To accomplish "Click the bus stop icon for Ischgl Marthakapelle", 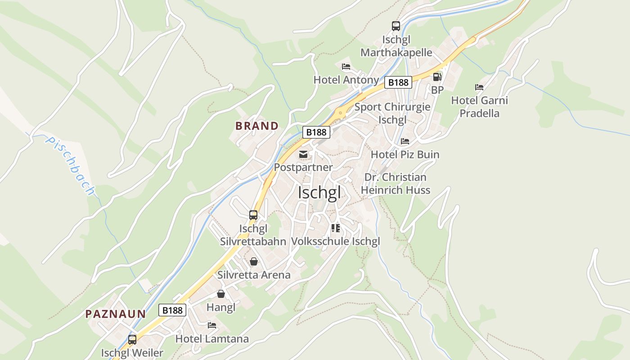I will coord(396,26).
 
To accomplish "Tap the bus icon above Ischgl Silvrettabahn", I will coord(253,215).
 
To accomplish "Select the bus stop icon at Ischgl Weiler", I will coord(132,340).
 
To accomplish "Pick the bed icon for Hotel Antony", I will coord(346,67).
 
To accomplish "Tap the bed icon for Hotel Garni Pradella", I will coord(479,87).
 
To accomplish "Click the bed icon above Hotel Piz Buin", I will coord(405,141).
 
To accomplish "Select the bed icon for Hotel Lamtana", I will coord(212,325).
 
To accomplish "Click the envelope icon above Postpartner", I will coord(303,154).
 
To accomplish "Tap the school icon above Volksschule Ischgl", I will coord(335,228).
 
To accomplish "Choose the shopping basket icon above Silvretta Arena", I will coord(254,261).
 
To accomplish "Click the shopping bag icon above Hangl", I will coord(221,294).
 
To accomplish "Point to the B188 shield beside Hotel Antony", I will coord(398,82).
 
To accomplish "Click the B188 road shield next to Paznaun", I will coord(172,310).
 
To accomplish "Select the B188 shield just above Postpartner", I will coord(316,132).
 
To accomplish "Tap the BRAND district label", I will coord(257,126).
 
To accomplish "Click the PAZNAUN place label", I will coord(116,314).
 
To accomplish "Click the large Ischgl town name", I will coord(319,193).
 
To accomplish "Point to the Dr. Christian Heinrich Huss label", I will coord(396,184).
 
